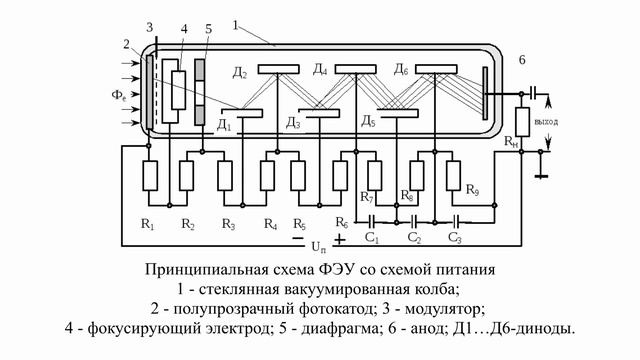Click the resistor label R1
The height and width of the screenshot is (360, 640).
148,223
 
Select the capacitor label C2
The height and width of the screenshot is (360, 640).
414,238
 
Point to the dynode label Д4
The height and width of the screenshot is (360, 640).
319,70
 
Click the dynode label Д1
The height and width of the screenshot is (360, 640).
224,124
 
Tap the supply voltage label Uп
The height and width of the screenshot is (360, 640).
319,245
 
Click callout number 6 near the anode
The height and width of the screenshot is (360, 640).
521,61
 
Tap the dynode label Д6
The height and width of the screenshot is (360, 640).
401,70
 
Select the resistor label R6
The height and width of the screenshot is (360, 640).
342,221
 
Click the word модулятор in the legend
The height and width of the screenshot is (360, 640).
445,308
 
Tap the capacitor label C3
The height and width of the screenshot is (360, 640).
454,238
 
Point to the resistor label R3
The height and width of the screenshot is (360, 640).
229,223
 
